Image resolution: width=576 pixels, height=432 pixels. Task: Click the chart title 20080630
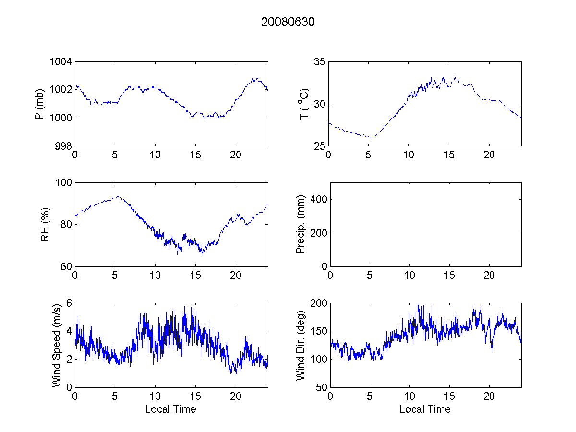tap(288, 22)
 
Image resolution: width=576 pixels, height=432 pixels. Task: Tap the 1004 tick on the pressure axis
tap(61, 62)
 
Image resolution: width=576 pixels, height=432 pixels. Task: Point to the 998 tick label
tap(63, 146)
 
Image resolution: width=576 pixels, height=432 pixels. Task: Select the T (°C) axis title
tap(302, 104)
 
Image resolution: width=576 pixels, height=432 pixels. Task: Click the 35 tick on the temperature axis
tap(320, 62)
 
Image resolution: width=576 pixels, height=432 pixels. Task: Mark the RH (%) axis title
tap(45, 224)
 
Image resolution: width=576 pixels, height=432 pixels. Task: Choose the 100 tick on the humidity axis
tap(63, 183)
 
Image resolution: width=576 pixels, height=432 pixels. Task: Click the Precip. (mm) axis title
tap(300, 224)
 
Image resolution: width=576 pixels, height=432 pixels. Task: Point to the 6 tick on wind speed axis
tap(69, 303)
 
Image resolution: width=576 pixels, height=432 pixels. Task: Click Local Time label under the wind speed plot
tap(170, 409)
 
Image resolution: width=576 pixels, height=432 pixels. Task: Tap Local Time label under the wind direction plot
tap(425, 409)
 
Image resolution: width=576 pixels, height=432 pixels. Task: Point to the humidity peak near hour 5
tap(118, 196)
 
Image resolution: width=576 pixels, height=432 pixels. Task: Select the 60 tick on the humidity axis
tap(66, 266)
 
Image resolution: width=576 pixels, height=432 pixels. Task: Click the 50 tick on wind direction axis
tap(320, 387)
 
